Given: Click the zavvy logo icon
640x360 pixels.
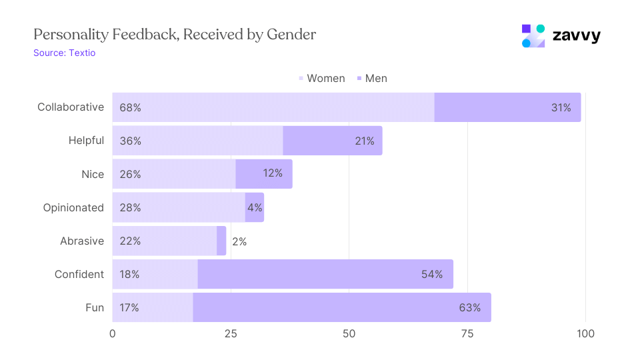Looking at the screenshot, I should point(533,36).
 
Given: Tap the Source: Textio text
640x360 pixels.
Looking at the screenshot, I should point(65,53).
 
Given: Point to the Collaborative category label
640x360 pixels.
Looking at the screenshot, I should point(71,107).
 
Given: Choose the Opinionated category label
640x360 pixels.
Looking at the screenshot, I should point(73,207).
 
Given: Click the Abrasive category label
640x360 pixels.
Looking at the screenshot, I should point(81,241).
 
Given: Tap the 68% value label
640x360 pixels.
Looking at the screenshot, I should point(130,107).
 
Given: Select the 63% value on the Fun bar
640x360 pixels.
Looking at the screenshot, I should point(469,307).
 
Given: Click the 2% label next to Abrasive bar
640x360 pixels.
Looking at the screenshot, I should point(239,241).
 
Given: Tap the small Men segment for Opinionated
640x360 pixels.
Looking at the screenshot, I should point(255,207).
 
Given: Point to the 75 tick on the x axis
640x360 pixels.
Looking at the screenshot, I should point(467,333).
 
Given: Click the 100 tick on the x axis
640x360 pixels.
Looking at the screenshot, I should point(585,333).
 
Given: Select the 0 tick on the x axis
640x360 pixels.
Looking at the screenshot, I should point(113,333).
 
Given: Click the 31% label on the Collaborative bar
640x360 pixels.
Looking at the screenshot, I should point(561,107).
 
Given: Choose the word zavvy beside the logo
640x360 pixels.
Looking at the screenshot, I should point(577,36).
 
